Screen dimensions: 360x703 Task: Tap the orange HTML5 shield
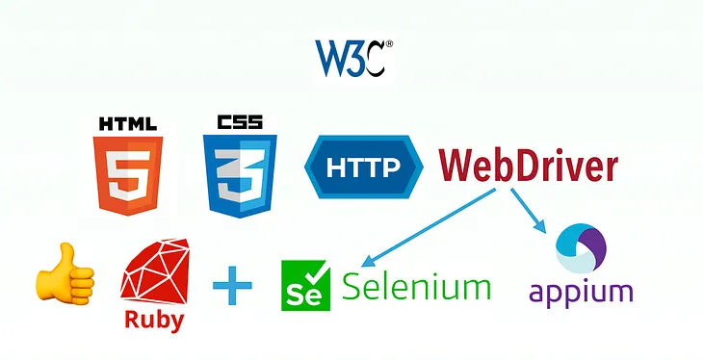pyautogui.click(x=128, y=174)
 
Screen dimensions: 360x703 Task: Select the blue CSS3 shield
pyautogui.click(x=240, y=174)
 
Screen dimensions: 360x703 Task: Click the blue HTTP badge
pyautogui.click(x=364, y=167)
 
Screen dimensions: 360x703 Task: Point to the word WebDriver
pyautogui.click(x=528, y=166)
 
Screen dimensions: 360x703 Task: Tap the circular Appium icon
pyautogui.click(x=580, y=247)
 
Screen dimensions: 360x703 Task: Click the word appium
pyautogui.click(x=580, y=292)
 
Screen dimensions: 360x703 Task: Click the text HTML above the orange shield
pyautogui.click(x=128, y=124)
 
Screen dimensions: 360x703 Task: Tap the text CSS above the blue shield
pyautogui.click(x=240, y=124)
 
